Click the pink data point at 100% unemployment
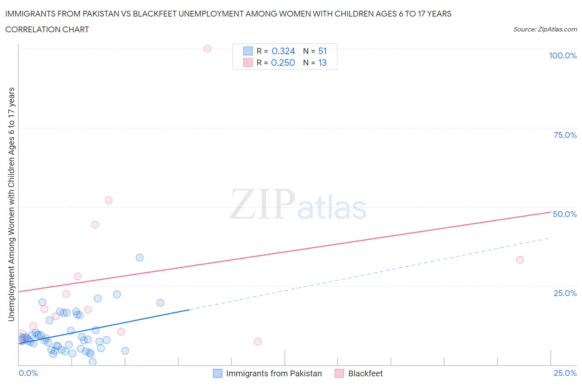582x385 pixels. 207,48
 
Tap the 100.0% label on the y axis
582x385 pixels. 563,55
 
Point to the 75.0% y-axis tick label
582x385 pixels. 565,135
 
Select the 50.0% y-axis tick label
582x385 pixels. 565,214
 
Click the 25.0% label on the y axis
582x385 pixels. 565,293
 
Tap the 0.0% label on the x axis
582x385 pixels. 28,373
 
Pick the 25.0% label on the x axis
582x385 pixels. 565,373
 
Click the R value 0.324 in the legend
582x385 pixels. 283,51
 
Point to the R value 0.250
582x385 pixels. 283,63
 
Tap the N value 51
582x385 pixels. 322,51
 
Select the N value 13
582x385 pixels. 322,63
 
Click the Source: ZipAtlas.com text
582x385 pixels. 545,29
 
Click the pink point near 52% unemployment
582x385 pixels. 108,200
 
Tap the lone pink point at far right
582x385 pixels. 520,260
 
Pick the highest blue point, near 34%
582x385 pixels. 139,257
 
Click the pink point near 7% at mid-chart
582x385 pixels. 257,342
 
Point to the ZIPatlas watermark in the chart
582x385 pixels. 298,205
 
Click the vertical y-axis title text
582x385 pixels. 11,204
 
